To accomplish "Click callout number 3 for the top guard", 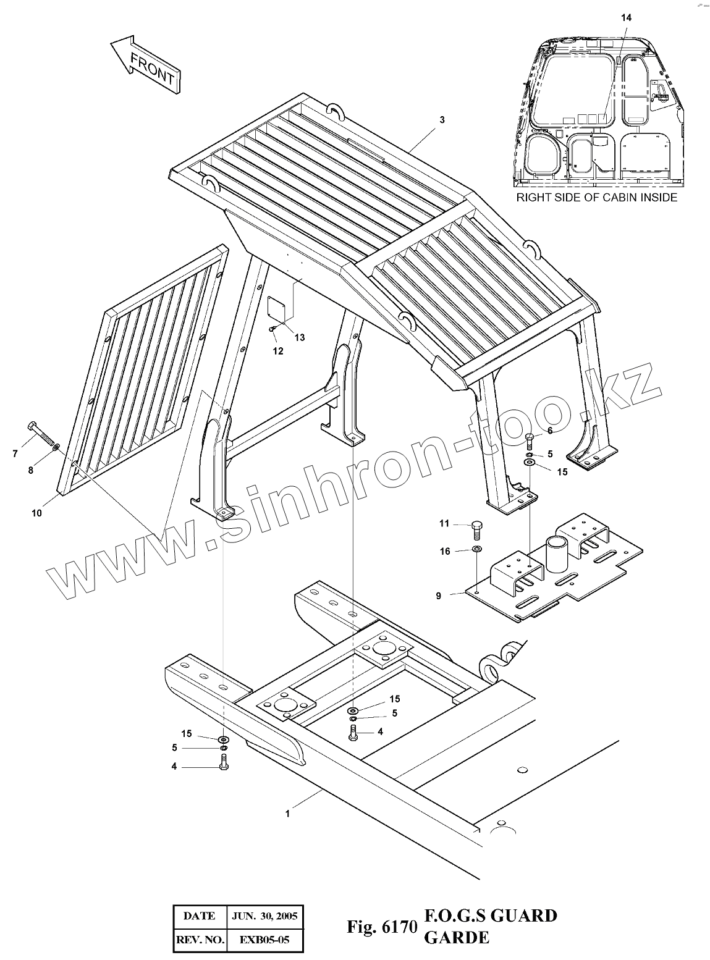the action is point(442,120).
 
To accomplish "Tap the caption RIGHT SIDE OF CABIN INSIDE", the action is point(596,198).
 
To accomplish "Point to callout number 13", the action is point(299,337).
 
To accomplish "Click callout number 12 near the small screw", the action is point(278,351).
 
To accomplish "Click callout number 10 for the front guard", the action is point(36,513).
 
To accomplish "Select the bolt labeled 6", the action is point(529,440).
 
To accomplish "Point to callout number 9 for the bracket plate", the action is point(438,596).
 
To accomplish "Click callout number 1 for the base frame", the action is point(287,814).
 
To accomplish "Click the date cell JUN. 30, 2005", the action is point(264,916).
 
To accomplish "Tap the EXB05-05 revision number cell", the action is point(264,941).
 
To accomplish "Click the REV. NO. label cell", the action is point(200,941).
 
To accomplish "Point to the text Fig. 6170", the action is point(381,927).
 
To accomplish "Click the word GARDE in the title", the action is point(456,938).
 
